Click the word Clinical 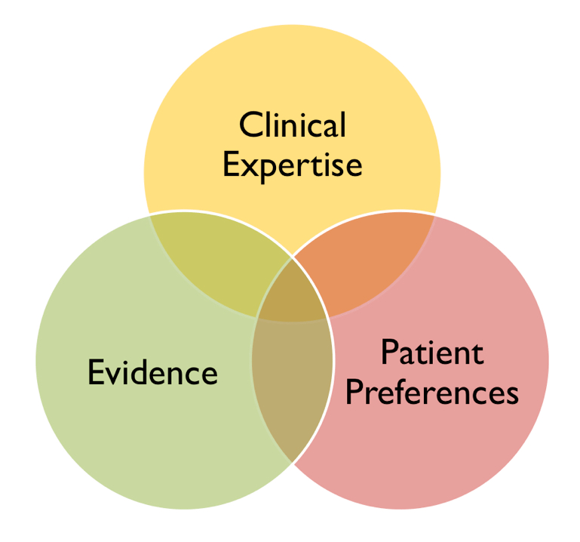(x=293, y=125)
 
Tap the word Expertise (x=293, y=167)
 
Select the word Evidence (x=153, y=372)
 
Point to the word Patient (x=432, y=353)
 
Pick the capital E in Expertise (x=232, y=164)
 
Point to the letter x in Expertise (x=251, y=168)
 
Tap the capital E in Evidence (x=97, y=371)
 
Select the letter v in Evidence (x=115, y=376)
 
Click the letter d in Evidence (x=146, y=371)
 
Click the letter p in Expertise (x=272, y=171)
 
